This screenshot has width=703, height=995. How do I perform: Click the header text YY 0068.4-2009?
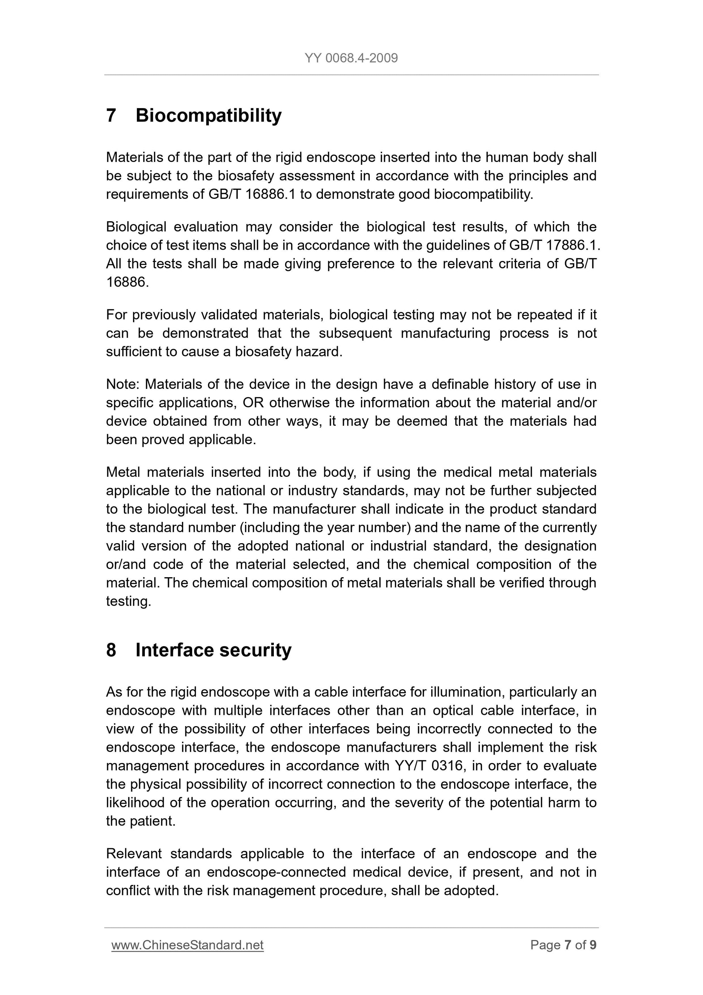coord(351,58)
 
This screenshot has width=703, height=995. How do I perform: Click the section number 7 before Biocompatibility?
coord(111,115)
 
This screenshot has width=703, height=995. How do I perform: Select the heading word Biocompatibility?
coord(208,115)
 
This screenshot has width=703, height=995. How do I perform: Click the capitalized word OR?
coord(253,403)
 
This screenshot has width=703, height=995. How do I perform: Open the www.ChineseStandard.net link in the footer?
coord(187,945)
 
